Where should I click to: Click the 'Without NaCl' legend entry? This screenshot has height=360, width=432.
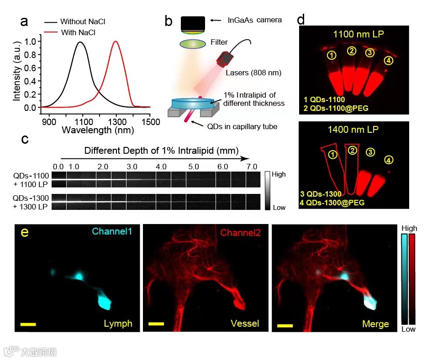click(85, 22)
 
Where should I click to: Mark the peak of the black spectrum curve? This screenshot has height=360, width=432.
click(80, 42)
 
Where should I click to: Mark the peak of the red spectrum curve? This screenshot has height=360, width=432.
click(116, 42)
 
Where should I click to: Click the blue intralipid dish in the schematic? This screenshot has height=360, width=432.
click(193, 104)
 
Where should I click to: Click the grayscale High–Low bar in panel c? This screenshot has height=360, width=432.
click(268, 191)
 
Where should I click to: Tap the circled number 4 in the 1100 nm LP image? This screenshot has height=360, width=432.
click(388, 61)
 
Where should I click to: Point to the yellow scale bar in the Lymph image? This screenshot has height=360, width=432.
click(28, 324)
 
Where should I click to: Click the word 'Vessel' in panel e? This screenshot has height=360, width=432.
click(244, 323)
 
